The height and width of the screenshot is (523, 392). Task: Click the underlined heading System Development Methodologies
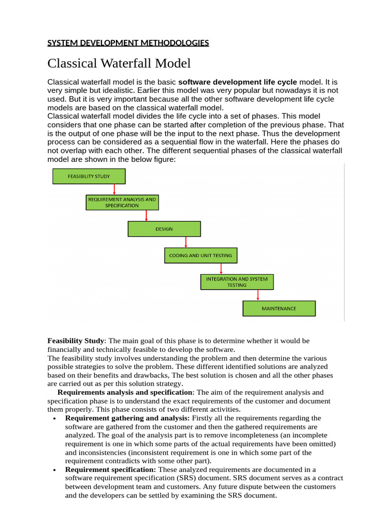click(x=128, y=43)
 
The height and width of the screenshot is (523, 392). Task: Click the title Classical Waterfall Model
click(x=119, y=63)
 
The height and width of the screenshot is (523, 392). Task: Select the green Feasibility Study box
click(x=89, y=176)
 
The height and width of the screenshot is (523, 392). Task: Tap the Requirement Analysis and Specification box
click(x=122, y=202)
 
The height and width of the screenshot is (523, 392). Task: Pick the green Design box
click(x=164, y=229)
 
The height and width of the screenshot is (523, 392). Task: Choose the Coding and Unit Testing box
click(x=201, y=255)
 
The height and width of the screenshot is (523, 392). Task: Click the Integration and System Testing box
click(x=237, y=282)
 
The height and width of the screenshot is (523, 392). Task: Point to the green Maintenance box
click(x=279, y=308)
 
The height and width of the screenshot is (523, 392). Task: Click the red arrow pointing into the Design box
click(x=146, y=216)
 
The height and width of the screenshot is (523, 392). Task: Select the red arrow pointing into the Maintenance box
click(x=258, y=295)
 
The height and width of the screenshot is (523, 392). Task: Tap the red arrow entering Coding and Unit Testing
click(x=186, y=242)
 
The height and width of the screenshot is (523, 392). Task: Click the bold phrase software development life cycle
click(x=237, y=82)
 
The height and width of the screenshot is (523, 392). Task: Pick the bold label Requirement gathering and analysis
click(x=127, y=418)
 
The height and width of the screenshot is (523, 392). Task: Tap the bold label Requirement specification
click(x=111, y=469)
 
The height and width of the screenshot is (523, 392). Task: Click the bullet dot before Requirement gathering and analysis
click(x=54, y=419)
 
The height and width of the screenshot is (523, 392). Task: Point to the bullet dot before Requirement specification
click(x=54, y=470)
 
